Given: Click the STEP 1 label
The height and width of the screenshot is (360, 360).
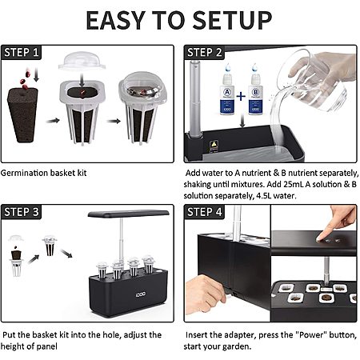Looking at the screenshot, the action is (x=22, y=52).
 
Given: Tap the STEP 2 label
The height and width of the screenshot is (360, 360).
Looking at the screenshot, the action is (x=204, y=52).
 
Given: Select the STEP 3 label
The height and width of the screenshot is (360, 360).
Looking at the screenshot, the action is (x=22, y=212).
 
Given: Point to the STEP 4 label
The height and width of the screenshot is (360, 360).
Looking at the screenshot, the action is (x=204, y=212).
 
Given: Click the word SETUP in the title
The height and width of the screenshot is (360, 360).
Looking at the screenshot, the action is (x=232, y=20).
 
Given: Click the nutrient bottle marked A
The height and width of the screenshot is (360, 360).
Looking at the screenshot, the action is (x=227, y=90).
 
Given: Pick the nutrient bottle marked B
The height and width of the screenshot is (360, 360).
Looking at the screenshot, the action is (x=255, y=90).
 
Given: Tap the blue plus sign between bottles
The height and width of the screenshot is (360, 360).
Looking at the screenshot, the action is (x=241, y=96).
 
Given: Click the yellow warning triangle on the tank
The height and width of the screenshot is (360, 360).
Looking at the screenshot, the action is (x=214, y=144).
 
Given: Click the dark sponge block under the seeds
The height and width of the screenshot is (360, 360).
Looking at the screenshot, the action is (x=22, y=114).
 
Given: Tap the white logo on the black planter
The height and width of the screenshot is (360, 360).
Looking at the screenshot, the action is (x=141, y=294).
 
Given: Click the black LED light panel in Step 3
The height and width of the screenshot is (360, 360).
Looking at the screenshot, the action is (x=129, y=214).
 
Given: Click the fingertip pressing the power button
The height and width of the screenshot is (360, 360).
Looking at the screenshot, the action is (x=318, y=238).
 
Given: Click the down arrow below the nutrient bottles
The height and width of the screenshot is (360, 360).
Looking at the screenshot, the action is (x=242, y=121).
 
